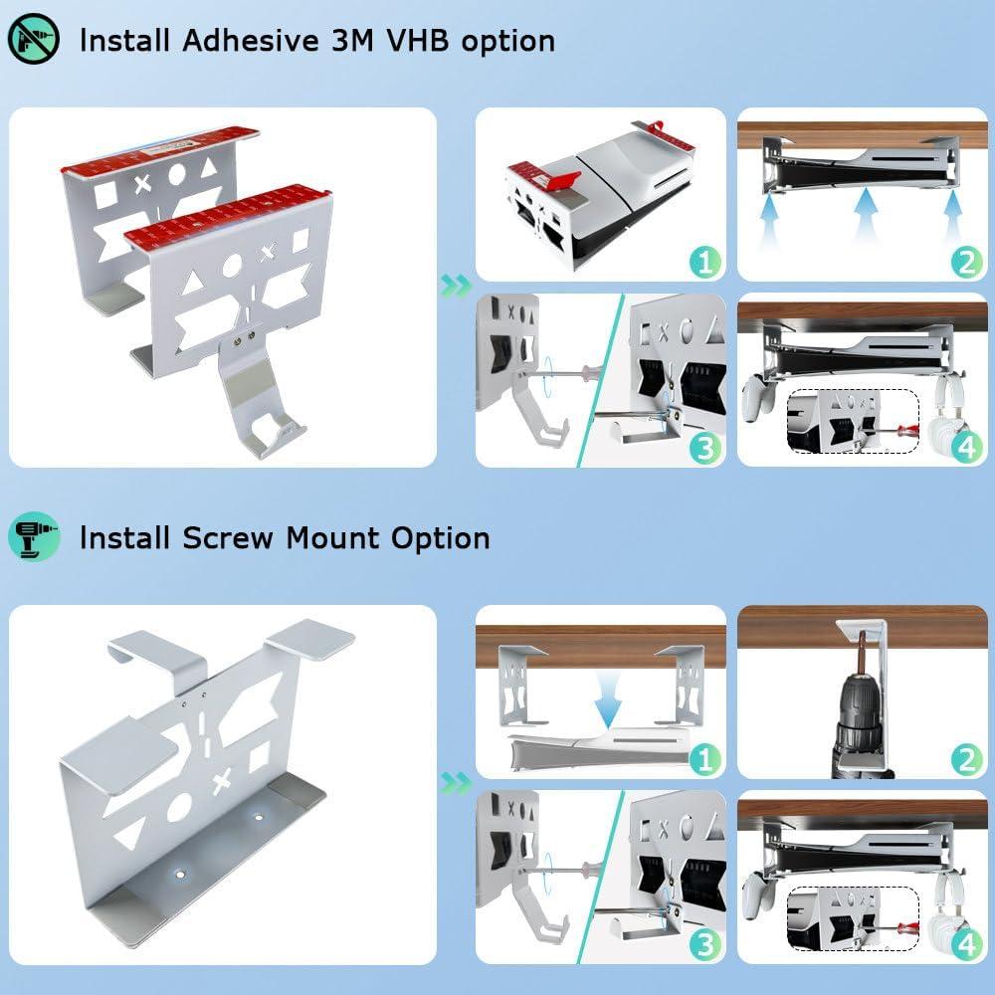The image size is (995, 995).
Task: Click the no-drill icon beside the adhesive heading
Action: click(34, 40)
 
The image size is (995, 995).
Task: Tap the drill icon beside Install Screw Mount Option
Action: click(34, 538)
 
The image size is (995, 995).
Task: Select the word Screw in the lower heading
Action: click(230, 538)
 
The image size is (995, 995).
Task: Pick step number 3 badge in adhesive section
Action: click(704, 448)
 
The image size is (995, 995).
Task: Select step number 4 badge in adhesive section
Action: click(966, 448)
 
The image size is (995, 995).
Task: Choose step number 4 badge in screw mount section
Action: click(966, 945)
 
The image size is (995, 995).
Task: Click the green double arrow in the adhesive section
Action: click(455, 287)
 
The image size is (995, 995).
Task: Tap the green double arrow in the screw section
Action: click(455, 783)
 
